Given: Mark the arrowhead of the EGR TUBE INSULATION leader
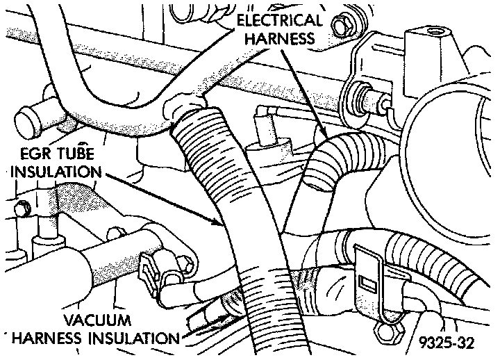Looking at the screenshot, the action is [x=224, y=225].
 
